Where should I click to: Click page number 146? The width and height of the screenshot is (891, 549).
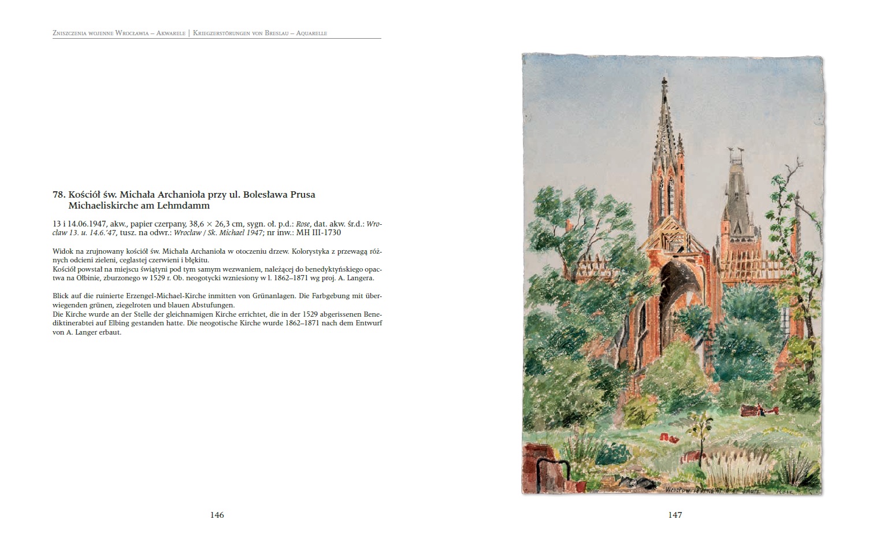[217, 515]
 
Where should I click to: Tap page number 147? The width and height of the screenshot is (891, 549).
[675, 515]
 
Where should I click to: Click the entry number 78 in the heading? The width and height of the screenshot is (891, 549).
[58, 195]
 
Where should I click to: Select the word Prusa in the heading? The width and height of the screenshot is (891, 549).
[303, 195]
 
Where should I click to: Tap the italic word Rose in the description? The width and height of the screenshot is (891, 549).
[303, 224]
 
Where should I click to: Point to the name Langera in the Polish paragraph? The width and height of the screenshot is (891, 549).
[359, 278]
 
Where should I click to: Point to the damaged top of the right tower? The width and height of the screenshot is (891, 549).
[734, 153]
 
